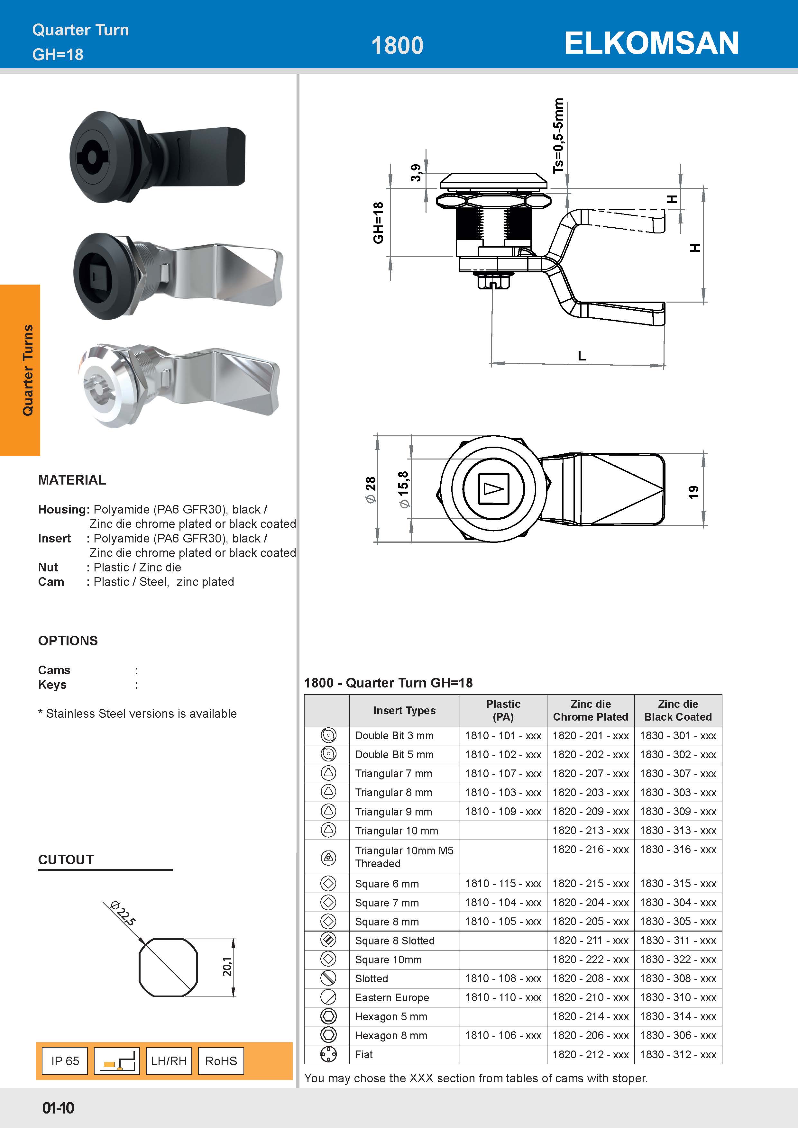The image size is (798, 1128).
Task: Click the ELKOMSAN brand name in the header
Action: pyautogui.click(x=651, y=43)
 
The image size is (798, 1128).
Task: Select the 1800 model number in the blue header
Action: pyautogui.click(x=397, y=46)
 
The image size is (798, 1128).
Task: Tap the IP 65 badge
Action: pyautogui.click(x=65, y=1061)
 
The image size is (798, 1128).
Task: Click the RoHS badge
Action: pyautogui.click(x=221, y=1061)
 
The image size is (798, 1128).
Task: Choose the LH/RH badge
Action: pyautogui.click(x=169, y=1061)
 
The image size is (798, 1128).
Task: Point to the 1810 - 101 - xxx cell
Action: pyautogui.click(x=503, y=735)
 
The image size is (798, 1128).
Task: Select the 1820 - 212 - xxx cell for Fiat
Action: pyautogui.click(x=590, y=1054)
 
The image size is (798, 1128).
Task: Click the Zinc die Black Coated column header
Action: pyautogui.click(x=678, y=710)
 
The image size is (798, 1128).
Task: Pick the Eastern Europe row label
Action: pyautogui.click(x=392, y=997)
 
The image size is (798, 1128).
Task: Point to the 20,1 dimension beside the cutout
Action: pyautogui.click(x=227, y=966)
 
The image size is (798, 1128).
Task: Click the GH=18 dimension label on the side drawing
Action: pyautogui.click(x=378, y=223)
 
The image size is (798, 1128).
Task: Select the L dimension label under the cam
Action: pyautogui.click(x=582, y=355)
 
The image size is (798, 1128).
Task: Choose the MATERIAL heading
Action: pyautogui.click(x=72, y=480)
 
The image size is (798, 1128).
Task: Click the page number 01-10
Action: pyautogui.click(x=58, y=1108)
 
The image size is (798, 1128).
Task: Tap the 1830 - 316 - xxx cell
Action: pyautogui.click(x=678, y=850)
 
